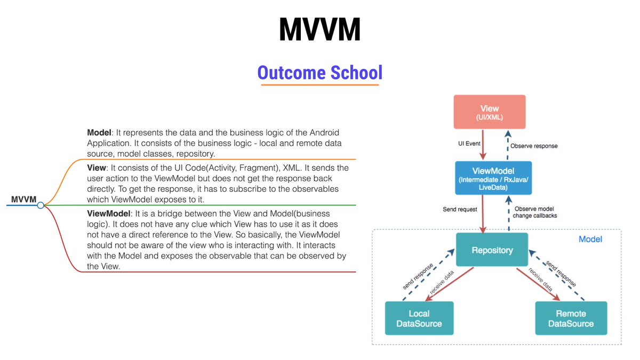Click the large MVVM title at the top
coord(319,30)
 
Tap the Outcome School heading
coord(319,73)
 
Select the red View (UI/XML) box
coord(489,112)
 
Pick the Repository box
coord(492,250)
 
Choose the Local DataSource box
coord(419,318)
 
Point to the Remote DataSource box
coord(571,318)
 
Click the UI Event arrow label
coord(469,144)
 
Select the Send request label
coord(460,210)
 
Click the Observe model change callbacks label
coord(535,212)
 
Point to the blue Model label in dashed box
coord(590,239)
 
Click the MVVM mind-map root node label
coord(23,200)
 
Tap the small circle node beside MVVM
coord(41,205)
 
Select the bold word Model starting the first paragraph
coord(99,132)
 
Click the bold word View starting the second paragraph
coord(97,168)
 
